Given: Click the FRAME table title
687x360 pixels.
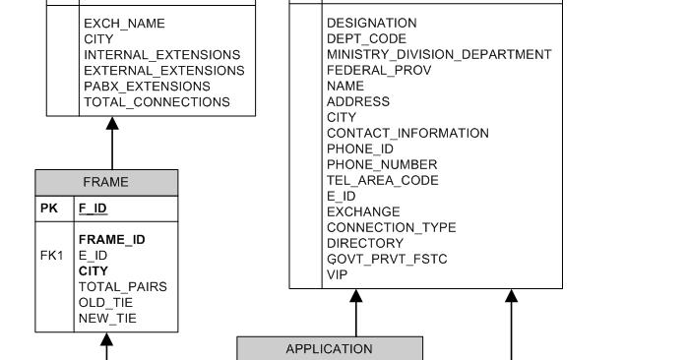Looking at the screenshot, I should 105,182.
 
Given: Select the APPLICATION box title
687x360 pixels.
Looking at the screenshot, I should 329,348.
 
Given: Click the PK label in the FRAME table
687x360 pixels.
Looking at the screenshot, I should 49,209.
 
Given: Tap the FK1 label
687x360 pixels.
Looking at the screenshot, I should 52,256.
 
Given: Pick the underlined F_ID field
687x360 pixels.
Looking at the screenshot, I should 93,209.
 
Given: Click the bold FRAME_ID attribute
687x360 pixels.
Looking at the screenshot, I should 111,239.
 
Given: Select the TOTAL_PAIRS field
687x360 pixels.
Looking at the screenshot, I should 122,287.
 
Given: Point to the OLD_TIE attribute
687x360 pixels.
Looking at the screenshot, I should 105,303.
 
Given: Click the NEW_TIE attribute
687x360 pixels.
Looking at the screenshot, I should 107,319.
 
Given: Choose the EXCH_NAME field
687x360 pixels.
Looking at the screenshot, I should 124,23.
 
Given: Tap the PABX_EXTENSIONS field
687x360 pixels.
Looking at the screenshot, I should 144,87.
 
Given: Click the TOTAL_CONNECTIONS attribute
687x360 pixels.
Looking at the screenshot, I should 156,102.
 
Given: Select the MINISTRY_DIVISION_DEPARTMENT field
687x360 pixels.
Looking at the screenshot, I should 439,54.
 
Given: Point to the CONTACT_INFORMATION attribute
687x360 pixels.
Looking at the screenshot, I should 407,133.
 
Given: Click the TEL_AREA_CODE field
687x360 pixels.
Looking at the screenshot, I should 382,180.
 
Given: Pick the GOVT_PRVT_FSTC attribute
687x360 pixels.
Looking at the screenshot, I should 386,259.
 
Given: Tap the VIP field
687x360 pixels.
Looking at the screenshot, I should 338,274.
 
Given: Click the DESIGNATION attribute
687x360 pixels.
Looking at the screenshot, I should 371,23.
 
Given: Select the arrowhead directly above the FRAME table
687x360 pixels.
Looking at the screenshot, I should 112,124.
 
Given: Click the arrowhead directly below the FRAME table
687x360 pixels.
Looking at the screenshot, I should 107,339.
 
